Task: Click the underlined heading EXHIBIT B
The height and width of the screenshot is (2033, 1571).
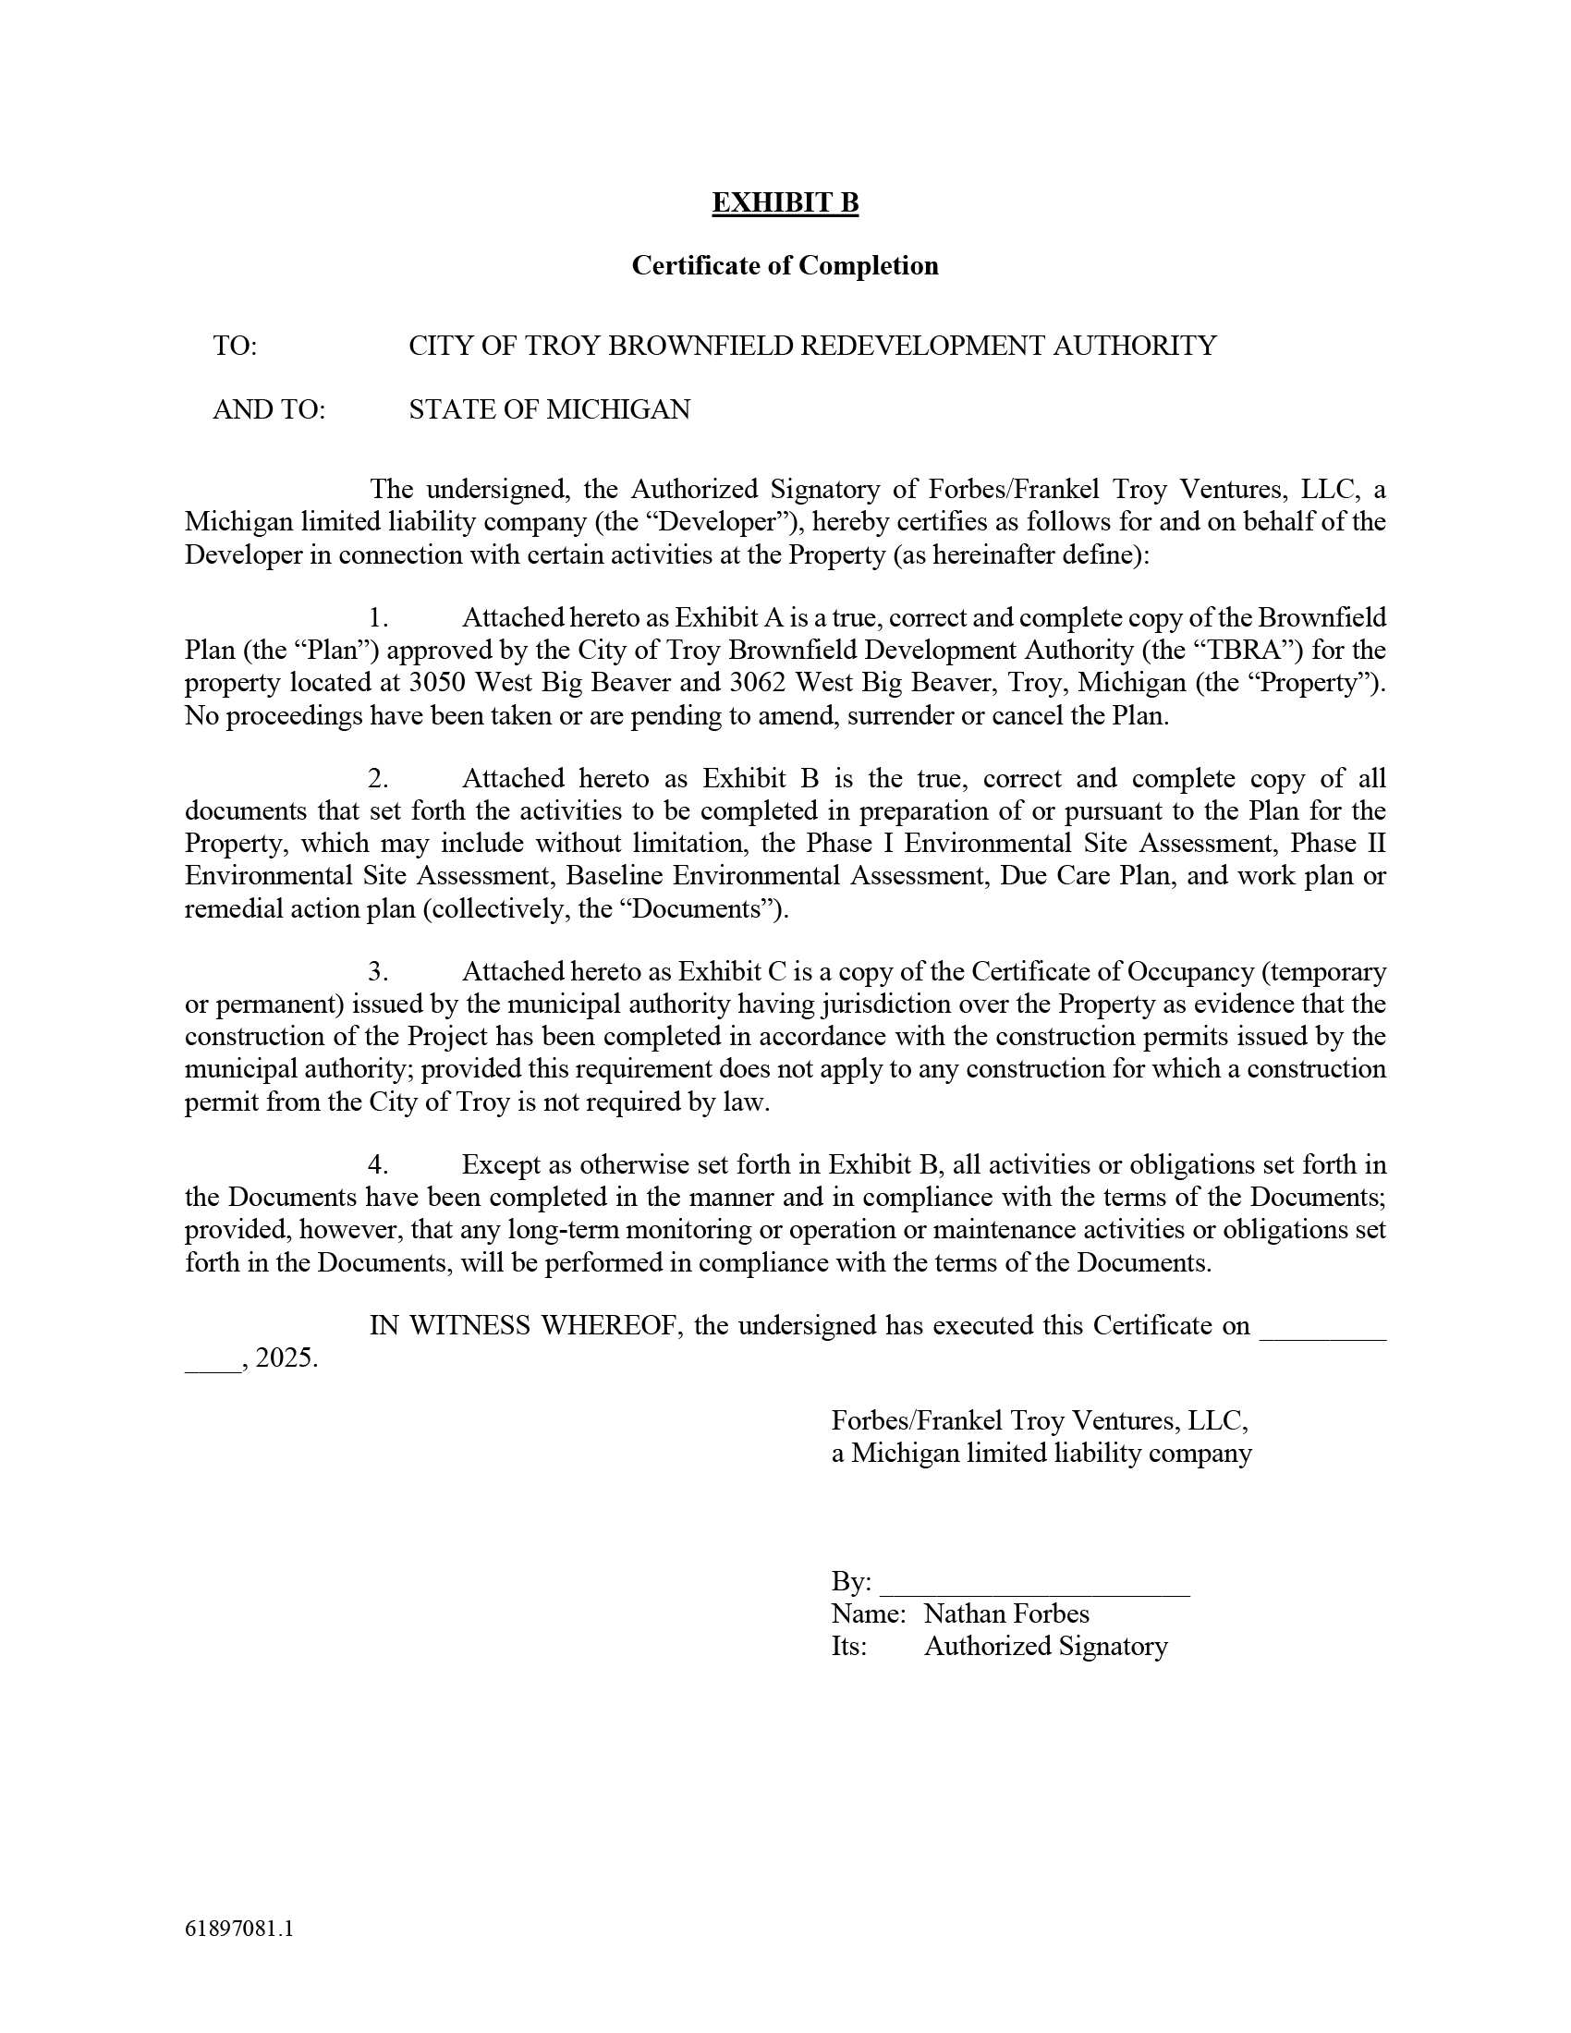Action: [x=785, y=203]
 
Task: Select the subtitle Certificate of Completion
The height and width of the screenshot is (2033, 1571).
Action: [x=785, y=266]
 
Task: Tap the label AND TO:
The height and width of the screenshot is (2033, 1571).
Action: [x=269, y=409]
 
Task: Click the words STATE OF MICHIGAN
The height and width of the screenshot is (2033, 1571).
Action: [x=549, y=409]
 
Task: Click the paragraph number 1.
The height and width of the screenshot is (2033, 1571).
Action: [x=377, y=618]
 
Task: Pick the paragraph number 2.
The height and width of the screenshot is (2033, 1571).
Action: [x=377, y=778]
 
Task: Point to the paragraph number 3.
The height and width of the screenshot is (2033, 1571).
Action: [x=377, y=972]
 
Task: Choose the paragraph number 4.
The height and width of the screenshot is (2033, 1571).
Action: [x=377, y=1164]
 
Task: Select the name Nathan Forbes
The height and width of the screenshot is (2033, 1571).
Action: [x=1006, y=1614]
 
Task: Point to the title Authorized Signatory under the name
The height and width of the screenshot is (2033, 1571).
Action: [x=1045, y=1647]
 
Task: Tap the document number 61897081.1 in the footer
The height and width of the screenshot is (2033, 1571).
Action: [x=239, y=1929]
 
